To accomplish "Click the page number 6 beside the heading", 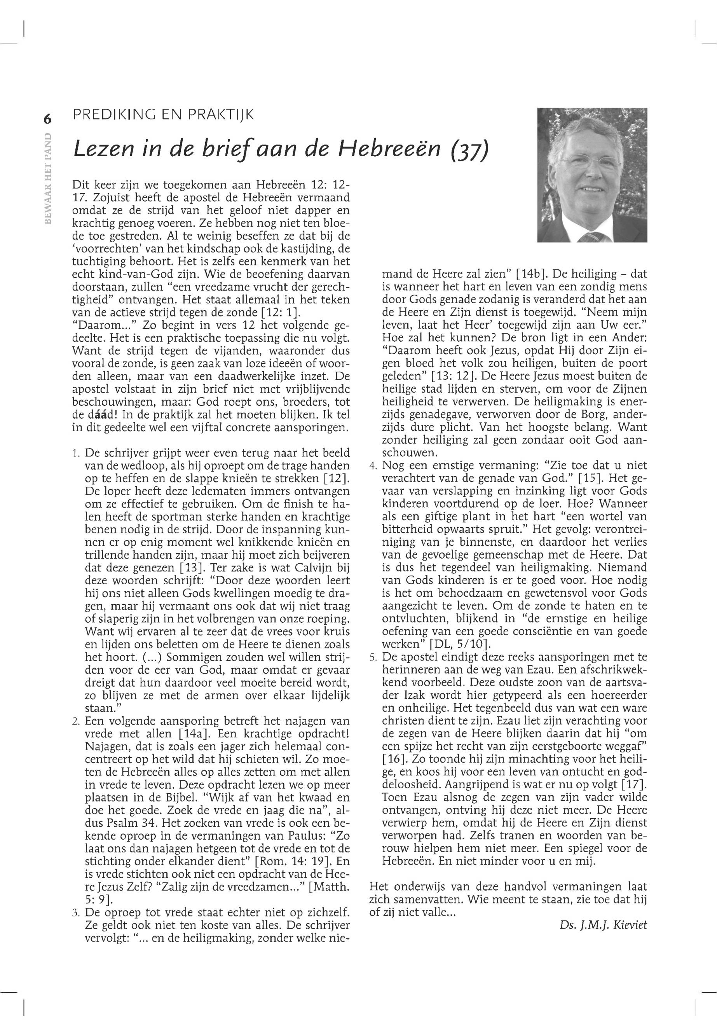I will [x=47, y=119].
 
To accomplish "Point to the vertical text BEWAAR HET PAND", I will [x=48, y=178].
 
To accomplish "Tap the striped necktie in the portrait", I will [x=591, y=236].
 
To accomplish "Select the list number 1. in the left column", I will [x=76, y=453].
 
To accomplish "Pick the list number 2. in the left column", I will [x=76, y=722].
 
